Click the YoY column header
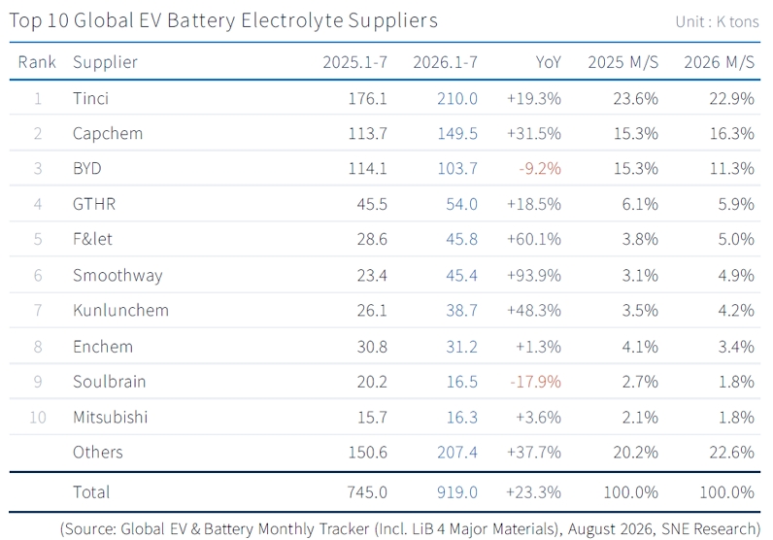549,62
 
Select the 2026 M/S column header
719,62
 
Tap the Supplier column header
105,62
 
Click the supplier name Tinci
90,98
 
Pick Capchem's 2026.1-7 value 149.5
457,134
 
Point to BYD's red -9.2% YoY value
540,169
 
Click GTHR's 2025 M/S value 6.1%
640,204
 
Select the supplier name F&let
92,239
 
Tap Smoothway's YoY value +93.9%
534,275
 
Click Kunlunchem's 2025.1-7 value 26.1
372,310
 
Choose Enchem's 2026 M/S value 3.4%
736,347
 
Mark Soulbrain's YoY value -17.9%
536,382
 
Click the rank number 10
38,418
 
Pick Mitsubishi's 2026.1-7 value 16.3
462,418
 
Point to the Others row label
98,453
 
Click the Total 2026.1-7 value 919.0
457,492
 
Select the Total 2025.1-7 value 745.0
367,492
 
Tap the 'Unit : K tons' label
717,21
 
